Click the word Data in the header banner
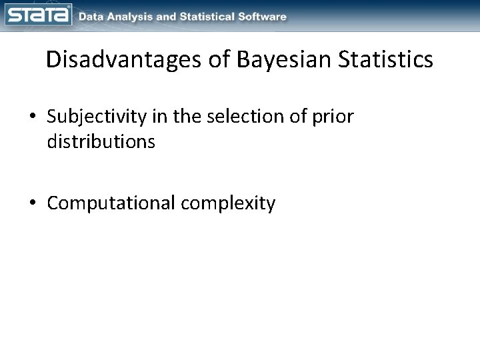92,16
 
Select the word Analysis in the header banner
133,16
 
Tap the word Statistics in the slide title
386,60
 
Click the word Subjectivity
97,117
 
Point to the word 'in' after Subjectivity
160,117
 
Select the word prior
333,118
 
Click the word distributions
101,142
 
